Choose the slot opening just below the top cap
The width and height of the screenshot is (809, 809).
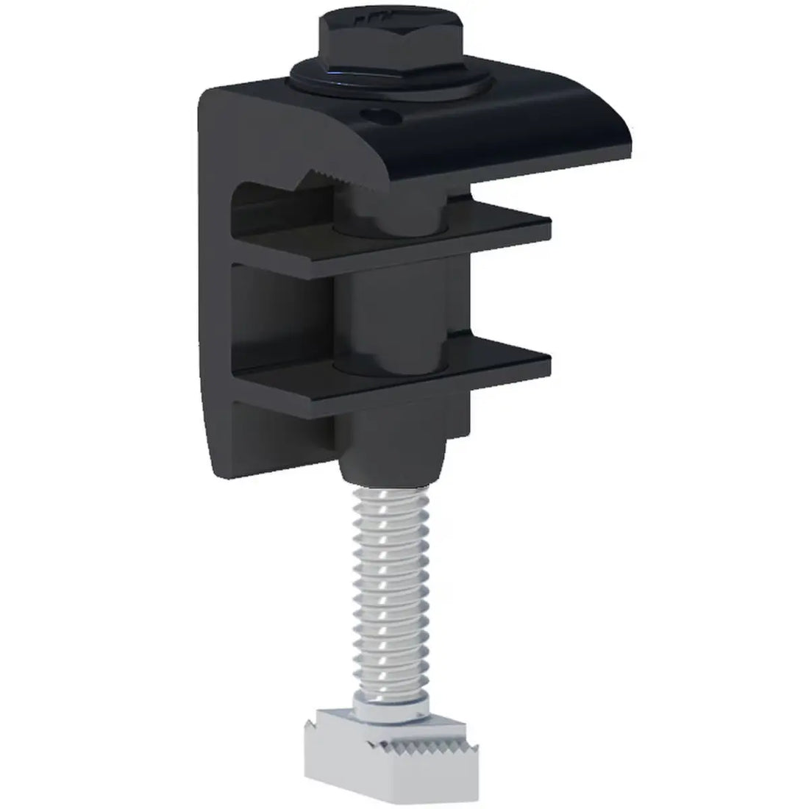point(272,206)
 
